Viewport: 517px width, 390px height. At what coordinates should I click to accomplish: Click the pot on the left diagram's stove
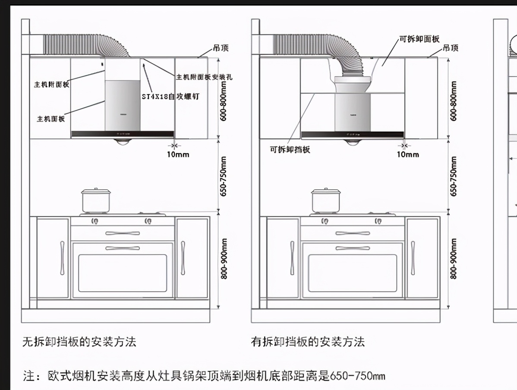(96, 201)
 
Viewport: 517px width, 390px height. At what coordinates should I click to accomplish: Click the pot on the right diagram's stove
(326, 201)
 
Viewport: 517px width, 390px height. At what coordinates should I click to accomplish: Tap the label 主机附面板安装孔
(204, 77)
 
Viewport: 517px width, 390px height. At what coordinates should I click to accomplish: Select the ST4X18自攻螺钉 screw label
(170, 97)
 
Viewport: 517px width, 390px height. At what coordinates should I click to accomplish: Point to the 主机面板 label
(50, 119)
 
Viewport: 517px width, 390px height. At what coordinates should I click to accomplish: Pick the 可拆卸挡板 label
(290, 150)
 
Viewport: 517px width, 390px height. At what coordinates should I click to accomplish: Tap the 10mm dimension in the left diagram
(178, 154)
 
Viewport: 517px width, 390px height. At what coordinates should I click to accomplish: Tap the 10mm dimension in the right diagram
(408, 154)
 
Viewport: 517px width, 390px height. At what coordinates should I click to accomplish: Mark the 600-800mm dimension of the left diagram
(223, 101)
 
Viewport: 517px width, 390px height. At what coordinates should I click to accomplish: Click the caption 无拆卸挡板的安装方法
(79, 342)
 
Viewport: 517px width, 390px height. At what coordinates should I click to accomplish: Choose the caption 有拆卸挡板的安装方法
(308, 342)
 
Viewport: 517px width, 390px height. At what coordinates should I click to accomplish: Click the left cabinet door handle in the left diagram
(62, 258)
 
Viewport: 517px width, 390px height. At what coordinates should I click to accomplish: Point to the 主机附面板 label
(51, 85)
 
